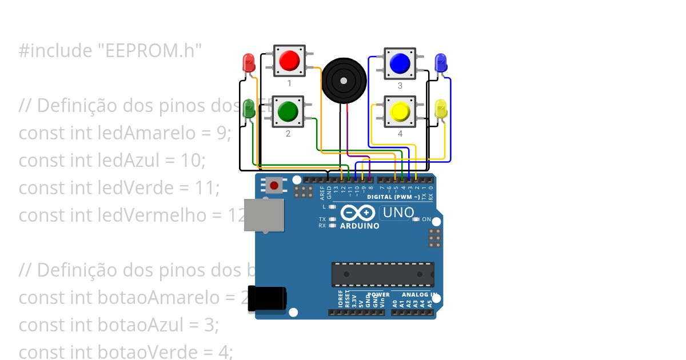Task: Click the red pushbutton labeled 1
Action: click(x=289, y=60)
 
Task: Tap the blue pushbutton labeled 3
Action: click(x=400, y=62)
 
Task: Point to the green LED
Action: click(x=249, y=109)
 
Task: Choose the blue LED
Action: click(x=440, y=62)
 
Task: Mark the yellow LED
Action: click(x=441, y=110)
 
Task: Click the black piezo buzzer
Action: click(x=343, y=81)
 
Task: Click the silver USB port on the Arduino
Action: click(x=264, y=215)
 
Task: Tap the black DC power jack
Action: click(x=266, y=299)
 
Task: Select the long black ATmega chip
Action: click(x=382, y=274)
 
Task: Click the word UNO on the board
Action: click(x=398, y=213)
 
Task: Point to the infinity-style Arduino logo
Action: click(x=358, y=213)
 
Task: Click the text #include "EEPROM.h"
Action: click(x=110, y=51)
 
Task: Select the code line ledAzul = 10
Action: click(x=111, y=161)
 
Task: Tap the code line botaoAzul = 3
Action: click(x=119, y=325)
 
